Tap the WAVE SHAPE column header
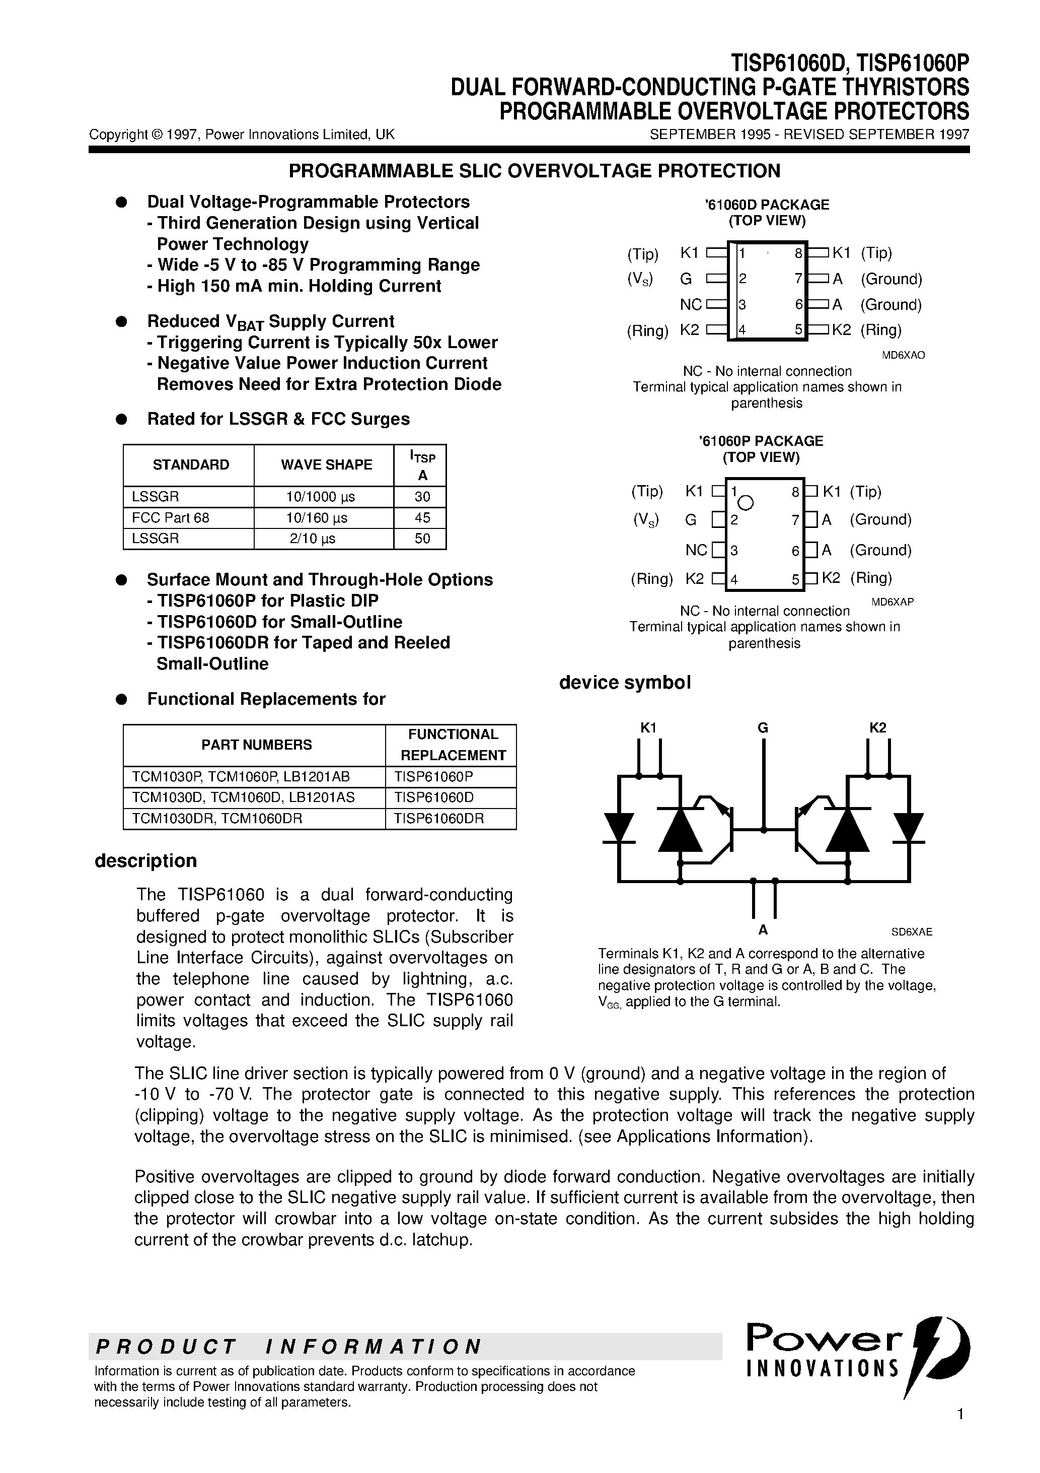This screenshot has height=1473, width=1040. pyautogui.click(x=326, y=465)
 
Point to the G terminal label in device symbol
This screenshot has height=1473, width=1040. pyautogui.click(x=762, y=728)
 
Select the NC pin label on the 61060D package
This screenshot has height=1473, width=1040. pyautogui.click(x=691, y=305)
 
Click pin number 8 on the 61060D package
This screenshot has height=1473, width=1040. pyautogui.click(x=798, y=253)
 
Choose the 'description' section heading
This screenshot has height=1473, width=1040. pyautogui.click(x=145, y=861)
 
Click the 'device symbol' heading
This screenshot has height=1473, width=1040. pyautogui.click(x=625, y=683)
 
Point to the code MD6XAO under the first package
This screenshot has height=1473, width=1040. pyautogui.click(x=904, y=355)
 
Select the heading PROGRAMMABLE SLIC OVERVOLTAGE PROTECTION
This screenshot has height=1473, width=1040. pyautogui.click(x=534, y=171)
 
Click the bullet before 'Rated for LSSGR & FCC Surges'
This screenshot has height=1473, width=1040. pyautogui.click(x=119, y=420)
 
